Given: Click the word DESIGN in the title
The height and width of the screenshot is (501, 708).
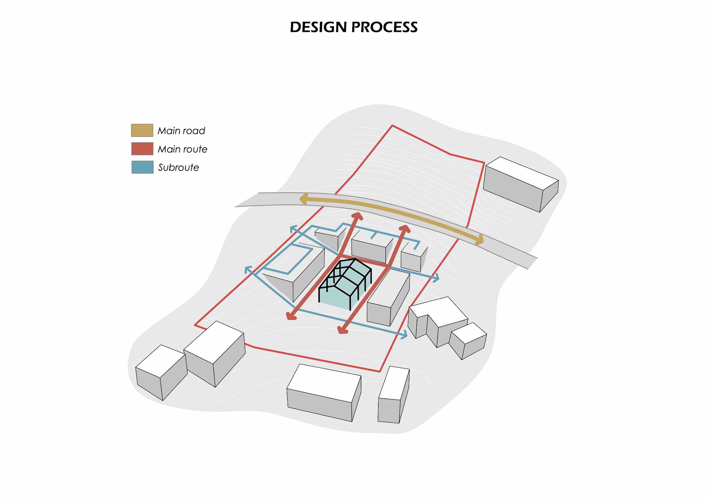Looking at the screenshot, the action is pyautogui.click(x=318, y=27).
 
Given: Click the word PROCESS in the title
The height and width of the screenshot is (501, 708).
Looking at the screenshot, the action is pyautogui.click(x=384, y=27).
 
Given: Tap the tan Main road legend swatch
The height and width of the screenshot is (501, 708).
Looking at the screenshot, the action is pyautogui.click(x=142, y=130).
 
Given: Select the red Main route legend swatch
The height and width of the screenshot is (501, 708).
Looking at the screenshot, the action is pyautogui.click(x=142, y=149).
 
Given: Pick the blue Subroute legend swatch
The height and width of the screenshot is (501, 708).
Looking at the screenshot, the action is pyautogui.click(x=142, y=167).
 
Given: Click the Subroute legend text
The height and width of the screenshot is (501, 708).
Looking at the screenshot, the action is pyautogui.click(x=178, y=168).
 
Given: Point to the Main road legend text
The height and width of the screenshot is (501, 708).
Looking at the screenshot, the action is pyautogui.click(x=181, y=131).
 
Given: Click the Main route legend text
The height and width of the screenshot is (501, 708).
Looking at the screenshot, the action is pyautogui.click(x=182, y=149).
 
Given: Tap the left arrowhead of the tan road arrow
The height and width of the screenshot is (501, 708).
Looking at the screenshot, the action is pyautogui.click(x=303, y=199).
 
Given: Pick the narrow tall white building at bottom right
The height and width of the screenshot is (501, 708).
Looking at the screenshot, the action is pyautogui.click(x=393, y=395).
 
